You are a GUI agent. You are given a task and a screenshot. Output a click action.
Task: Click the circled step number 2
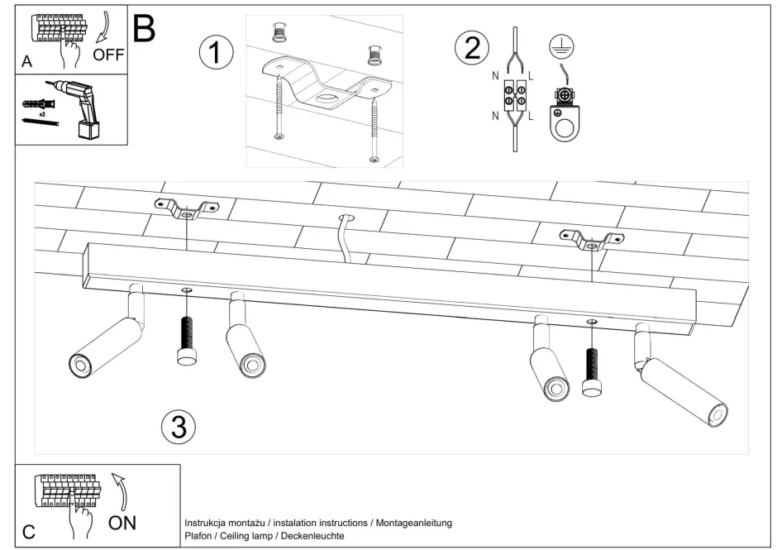(472, 48)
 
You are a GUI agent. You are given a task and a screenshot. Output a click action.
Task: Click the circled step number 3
(179, 427)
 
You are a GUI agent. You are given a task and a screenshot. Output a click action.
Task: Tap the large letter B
(144, 29)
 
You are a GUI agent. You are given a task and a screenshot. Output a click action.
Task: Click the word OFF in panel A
(108, 55)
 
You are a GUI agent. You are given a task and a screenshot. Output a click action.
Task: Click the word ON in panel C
(122, 522)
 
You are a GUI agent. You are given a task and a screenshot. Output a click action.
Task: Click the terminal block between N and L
(517, 97)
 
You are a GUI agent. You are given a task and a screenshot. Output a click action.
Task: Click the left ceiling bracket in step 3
(187, 210)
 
